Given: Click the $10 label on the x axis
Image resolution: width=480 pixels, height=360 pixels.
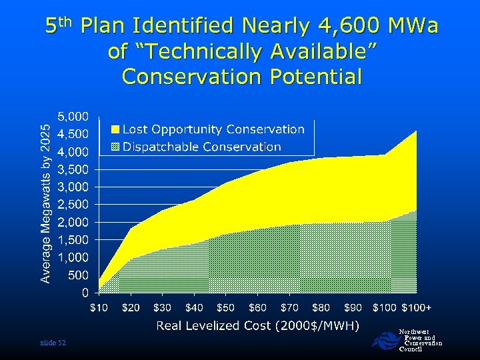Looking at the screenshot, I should click(x=100, y=307).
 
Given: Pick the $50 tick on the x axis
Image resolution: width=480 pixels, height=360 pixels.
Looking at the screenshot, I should click(x=225, y=307).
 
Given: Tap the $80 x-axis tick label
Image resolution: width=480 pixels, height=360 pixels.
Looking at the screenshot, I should click(x=321, y=307).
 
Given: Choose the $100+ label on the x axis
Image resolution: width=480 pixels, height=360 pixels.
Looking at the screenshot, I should click(x=417, y=307).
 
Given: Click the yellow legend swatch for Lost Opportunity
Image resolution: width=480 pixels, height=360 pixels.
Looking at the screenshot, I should click(x=115, y=129).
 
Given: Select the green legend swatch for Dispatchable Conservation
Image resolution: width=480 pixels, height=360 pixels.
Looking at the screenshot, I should click(x=115, y=147).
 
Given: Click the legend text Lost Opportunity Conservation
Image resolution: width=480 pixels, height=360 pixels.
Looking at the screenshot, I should click(x=213, y=129).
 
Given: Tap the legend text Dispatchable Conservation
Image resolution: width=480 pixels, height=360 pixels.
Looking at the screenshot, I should click(x=202, y=147).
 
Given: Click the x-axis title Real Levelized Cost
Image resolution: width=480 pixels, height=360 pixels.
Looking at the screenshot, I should click(x=257, y=325).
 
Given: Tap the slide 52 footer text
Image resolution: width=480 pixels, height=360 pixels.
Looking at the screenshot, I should click(x=53, y=343).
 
